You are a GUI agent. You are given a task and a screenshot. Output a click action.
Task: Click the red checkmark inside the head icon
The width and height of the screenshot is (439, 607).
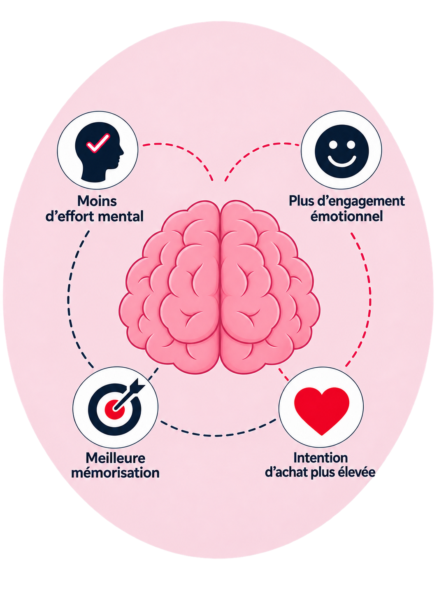point(98,143)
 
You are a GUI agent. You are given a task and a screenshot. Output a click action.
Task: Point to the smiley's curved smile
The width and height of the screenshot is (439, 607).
point(342,161)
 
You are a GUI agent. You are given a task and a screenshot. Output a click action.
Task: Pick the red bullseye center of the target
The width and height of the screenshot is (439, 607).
point(115,409)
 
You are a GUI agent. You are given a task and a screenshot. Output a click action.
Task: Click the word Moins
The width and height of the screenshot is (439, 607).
point(97,201)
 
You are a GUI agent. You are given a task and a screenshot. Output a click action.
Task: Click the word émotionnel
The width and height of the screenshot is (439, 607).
point(347,217)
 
